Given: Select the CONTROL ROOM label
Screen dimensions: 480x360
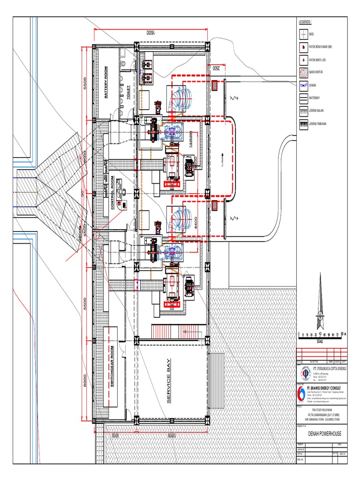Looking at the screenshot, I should coord(112,192).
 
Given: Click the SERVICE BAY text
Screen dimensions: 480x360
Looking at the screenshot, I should coord(169,381).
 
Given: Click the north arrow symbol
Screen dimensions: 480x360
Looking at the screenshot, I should coord(321,302).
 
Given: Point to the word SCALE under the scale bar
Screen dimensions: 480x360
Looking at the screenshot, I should coord(320,342).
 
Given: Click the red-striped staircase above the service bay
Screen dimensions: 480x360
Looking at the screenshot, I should coord(179,333).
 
